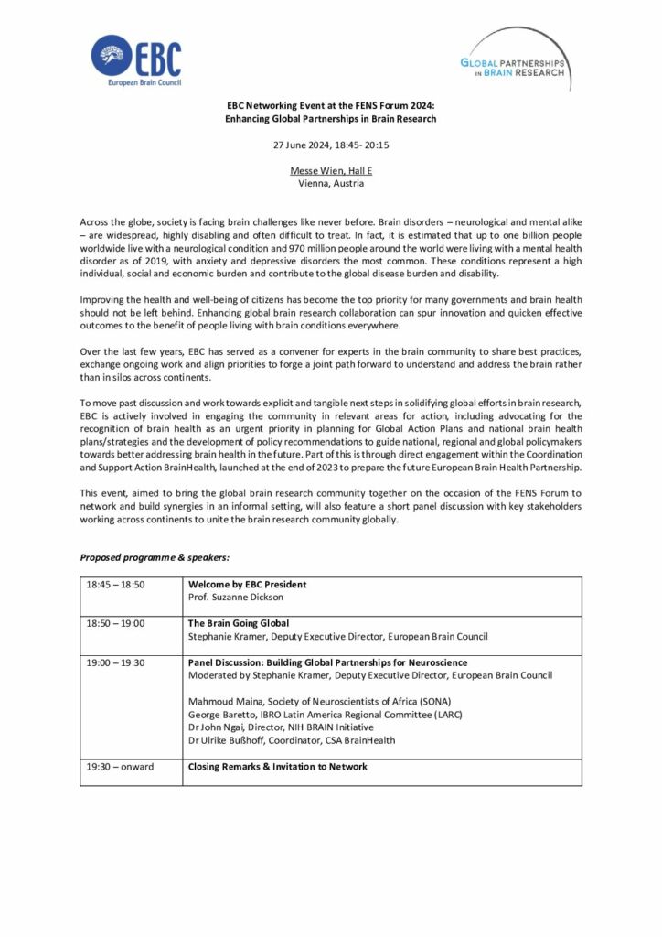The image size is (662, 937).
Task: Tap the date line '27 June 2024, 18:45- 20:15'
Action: coord(330,145)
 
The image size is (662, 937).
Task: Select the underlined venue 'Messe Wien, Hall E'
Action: coord(331,171)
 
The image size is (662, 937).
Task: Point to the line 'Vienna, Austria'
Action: coord(331,183)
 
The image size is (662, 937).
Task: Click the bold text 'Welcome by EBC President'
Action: coord(247,585)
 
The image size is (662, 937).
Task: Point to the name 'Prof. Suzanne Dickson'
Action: coord(237,597)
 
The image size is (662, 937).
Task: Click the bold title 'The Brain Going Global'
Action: coord(239,623)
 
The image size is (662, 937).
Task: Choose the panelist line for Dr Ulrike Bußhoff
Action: coord(291,739)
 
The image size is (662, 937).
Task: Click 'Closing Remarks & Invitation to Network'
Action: coord(278,767)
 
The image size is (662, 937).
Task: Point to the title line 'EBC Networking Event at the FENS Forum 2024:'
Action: coord(331,106)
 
